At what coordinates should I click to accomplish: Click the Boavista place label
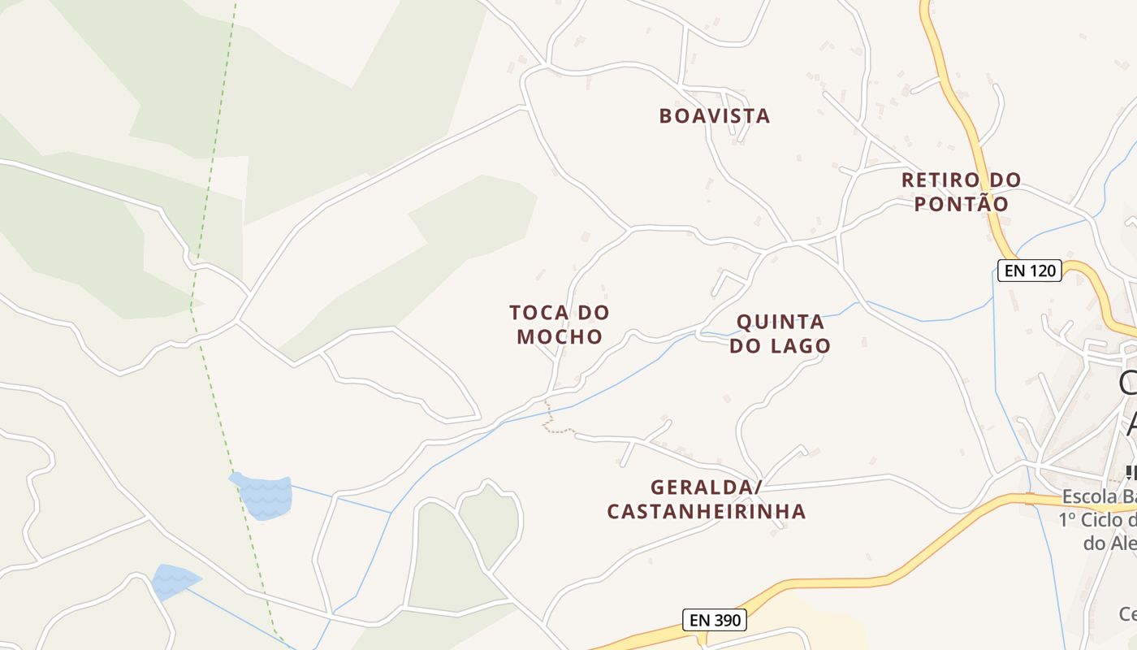click(714, 115)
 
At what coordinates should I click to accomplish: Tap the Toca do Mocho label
click(560, 324)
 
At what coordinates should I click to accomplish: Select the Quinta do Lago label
click(780, 334)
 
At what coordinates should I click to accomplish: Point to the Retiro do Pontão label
click(962, 192)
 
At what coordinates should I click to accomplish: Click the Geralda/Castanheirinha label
click(707, 499)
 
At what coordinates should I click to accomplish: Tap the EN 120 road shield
click(1030, 271)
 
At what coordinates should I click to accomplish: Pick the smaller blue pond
click(174, 580)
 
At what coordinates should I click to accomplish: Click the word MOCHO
click(560, 336)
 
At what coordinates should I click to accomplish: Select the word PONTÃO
click(962, 204)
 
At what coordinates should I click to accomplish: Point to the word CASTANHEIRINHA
click(707, 511)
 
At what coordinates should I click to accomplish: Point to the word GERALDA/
click(707, 487)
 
